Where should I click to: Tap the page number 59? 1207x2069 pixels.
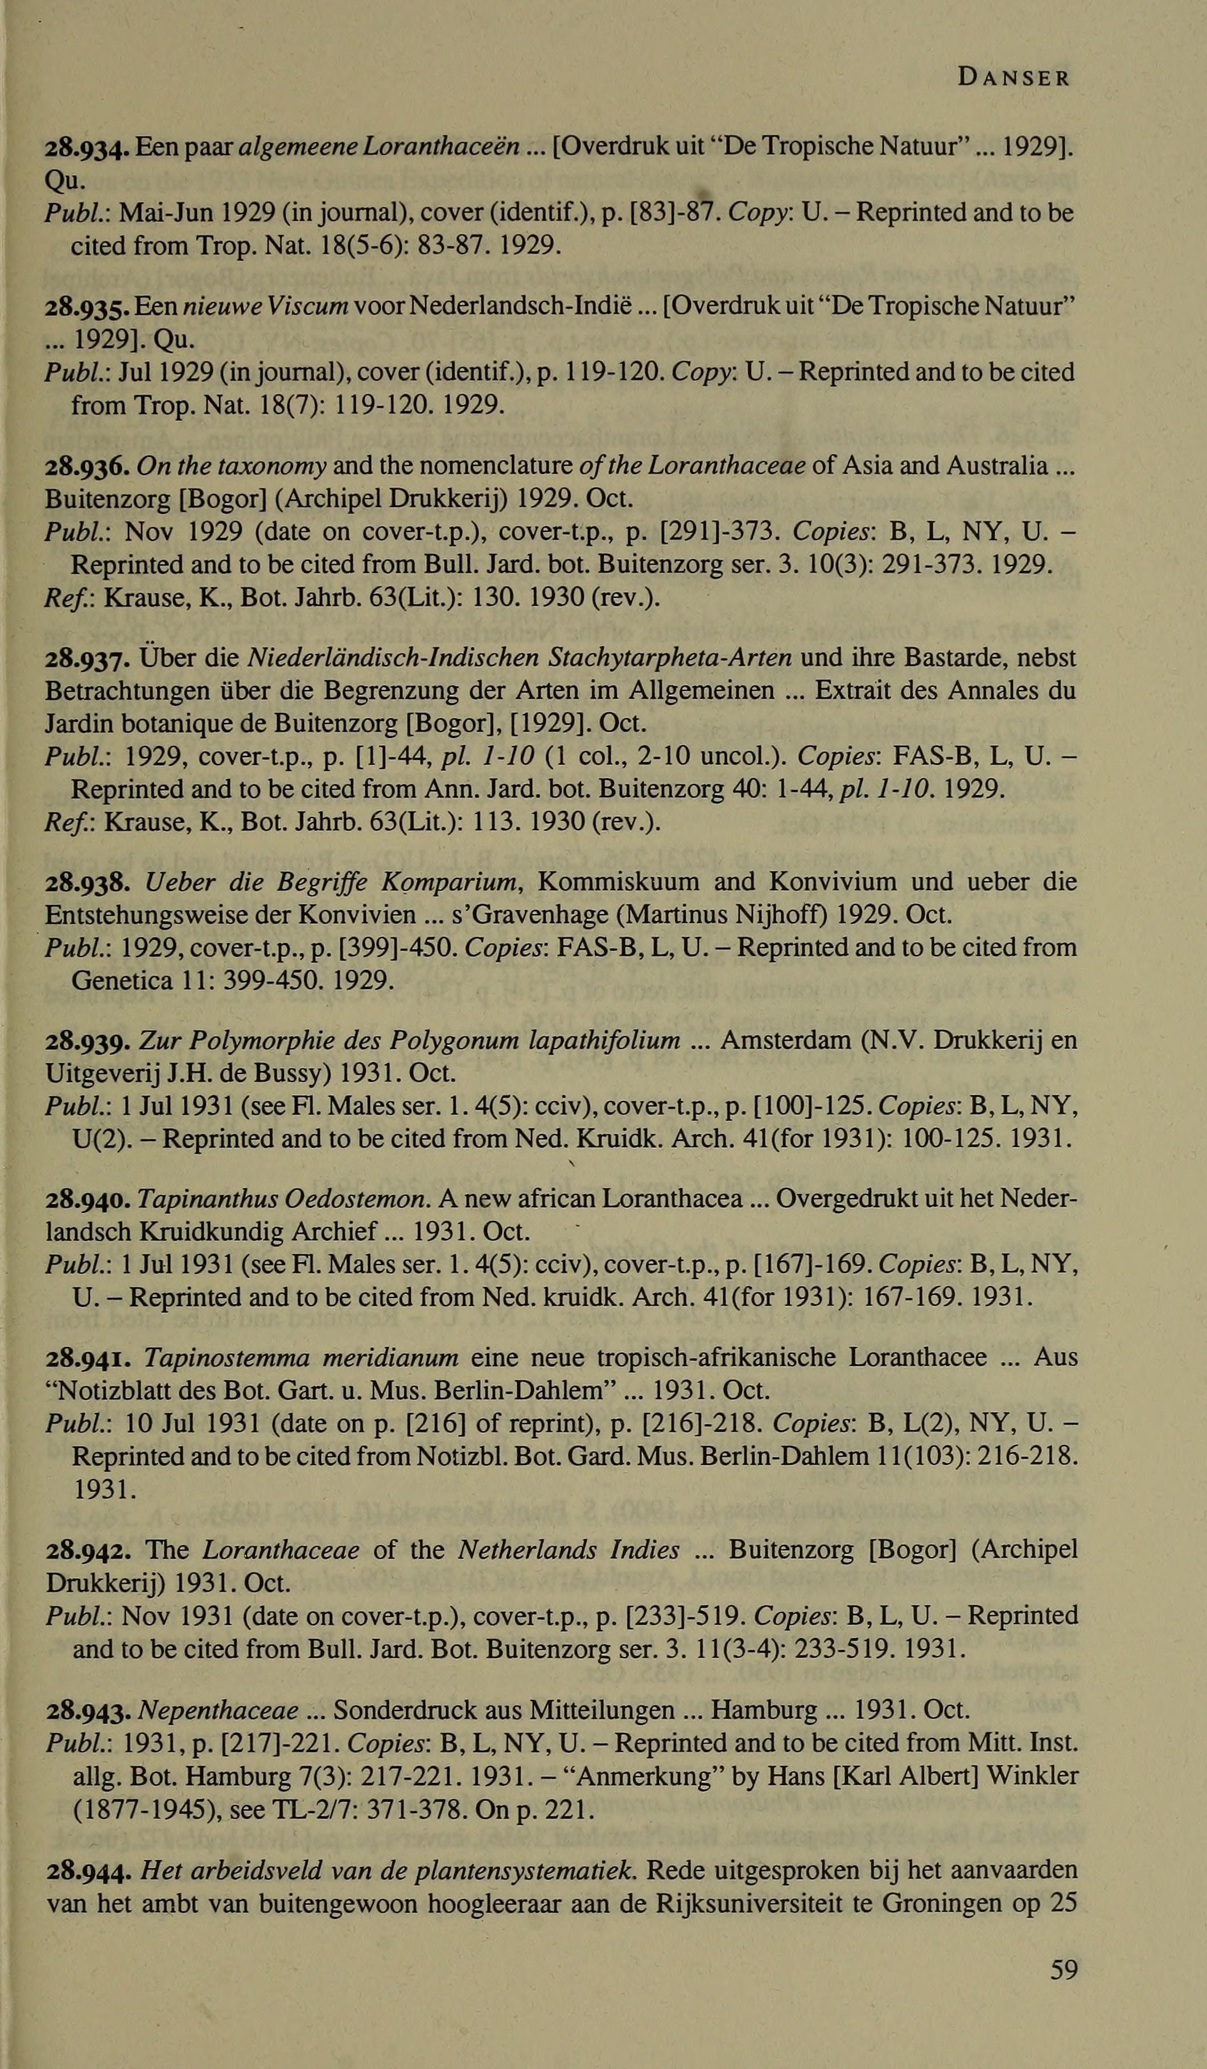(1063, 1969)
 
